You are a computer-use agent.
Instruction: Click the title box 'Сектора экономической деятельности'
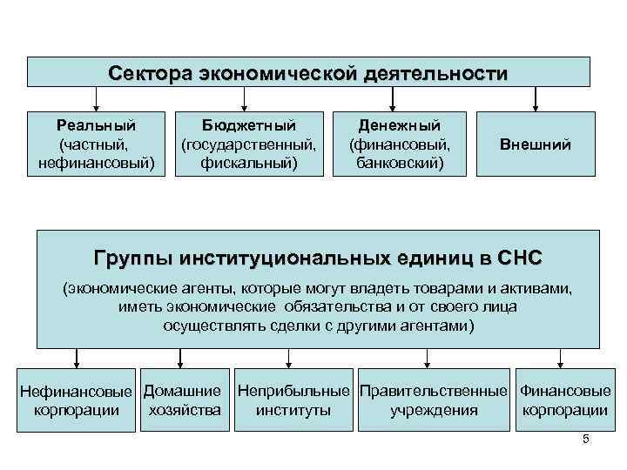pyautogui.click(x=307, y=72)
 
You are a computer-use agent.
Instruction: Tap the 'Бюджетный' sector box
pyautogui.click(x=248, y=144)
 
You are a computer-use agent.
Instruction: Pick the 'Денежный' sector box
pyautogui.click(x=400, y=144)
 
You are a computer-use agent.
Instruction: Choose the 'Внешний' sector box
pyautogui.click(x=535, y=144)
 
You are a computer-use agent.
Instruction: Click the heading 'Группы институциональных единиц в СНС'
pyautogui.click(x=317, y=258)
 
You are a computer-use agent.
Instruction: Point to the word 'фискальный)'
pyautogui.click(x=248, y=162)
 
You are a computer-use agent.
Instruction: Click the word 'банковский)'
pyautogui.click(x=400, y=162)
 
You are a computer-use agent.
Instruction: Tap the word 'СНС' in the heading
pyautogui.click(x=521, y=258)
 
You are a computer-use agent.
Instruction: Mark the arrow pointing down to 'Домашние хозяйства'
pyautogui.click(x=180, y=358)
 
